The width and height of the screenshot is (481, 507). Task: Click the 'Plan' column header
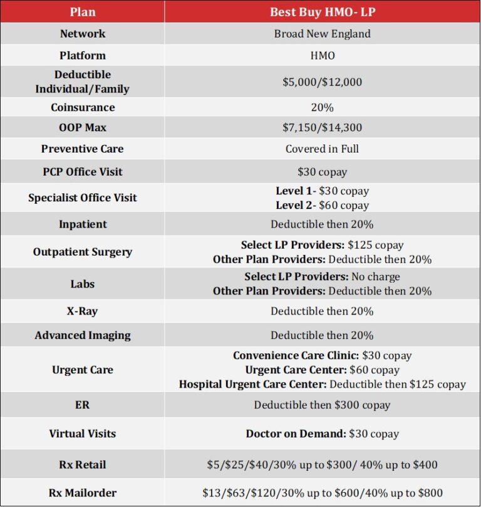click(83, 11)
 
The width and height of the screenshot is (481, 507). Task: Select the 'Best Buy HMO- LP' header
click(322, 11)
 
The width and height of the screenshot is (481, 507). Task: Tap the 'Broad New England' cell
click(322, 34)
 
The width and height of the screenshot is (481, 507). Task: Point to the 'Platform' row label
click(83, 56)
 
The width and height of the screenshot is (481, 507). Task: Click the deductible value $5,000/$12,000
click(322, 82)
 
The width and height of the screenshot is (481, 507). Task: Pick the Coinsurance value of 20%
click(322, 108)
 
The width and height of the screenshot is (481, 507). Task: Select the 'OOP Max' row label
click(83, 128)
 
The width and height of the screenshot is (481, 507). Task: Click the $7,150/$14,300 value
click(322, 128)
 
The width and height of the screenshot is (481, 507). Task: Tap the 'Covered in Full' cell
click(322, 149)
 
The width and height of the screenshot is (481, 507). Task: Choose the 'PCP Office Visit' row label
click(83, 171)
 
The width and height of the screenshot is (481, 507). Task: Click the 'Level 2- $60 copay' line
click(322, 205)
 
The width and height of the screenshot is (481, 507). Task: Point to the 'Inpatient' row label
click(83, 224)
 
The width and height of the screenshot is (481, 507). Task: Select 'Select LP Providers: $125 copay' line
click(322, 245)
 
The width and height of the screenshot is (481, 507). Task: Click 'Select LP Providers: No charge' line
click(322, 276)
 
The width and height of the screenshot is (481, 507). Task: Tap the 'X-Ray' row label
click(83, 311)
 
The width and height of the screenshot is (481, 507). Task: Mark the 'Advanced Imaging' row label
click(83, 335)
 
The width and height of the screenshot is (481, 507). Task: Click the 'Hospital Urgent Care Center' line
click(322, 384)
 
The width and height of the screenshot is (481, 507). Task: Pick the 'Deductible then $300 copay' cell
click(322, 405)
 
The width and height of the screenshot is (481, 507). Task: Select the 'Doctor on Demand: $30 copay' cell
click(322, 433)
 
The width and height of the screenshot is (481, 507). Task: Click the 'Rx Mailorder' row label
click(83, 493)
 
